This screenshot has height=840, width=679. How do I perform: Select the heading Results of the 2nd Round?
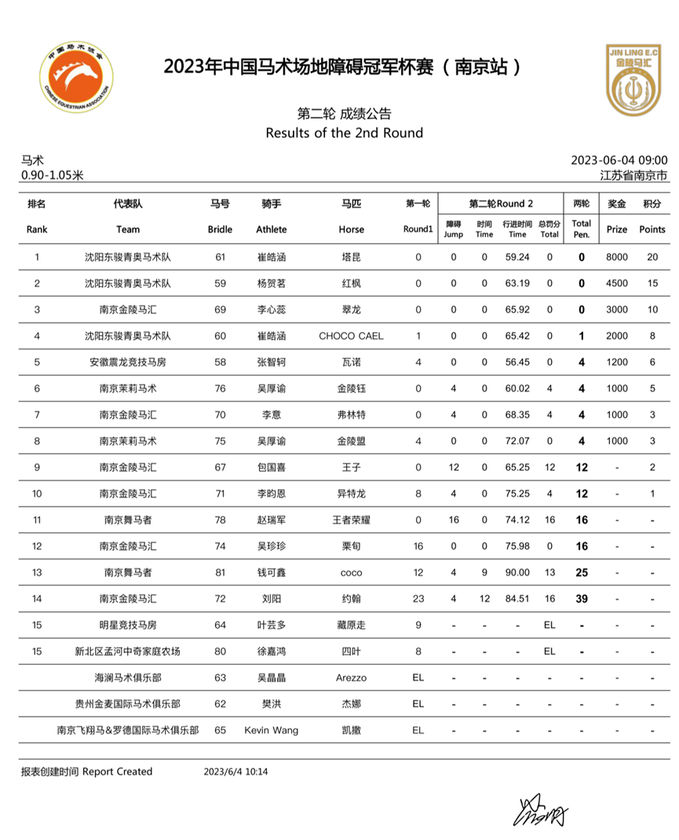(344, 133)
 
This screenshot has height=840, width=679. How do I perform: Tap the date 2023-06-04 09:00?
(619, 160)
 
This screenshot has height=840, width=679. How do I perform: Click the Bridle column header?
(220, 229)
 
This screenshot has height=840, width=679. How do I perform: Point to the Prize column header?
(617, 229)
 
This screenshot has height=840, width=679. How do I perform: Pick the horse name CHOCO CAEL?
(351, 336)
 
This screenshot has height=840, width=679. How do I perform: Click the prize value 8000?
(617, 257)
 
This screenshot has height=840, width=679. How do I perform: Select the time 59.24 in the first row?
(517, 257)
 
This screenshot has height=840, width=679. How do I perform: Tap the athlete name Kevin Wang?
(272, 730)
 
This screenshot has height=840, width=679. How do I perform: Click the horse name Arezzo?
(351, 677)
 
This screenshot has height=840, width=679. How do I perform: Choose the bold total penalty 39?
(582, 599)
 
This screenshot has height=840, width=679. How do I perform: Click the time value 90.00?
(517, 572)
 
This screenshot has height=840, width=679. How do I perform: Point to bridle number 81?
(220, 572)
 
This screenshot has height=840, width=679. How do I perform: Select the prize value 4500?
(617, 283)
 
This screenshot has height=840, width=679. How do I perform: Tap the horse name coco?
(351, 572)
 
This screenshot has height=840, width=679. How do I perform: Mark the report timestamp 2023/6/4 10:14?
(236, 772)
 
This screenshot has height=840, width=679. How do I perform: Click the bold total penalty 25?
(582, 572)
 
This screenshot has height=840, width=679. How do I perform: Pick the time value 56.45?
(517, 362)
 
